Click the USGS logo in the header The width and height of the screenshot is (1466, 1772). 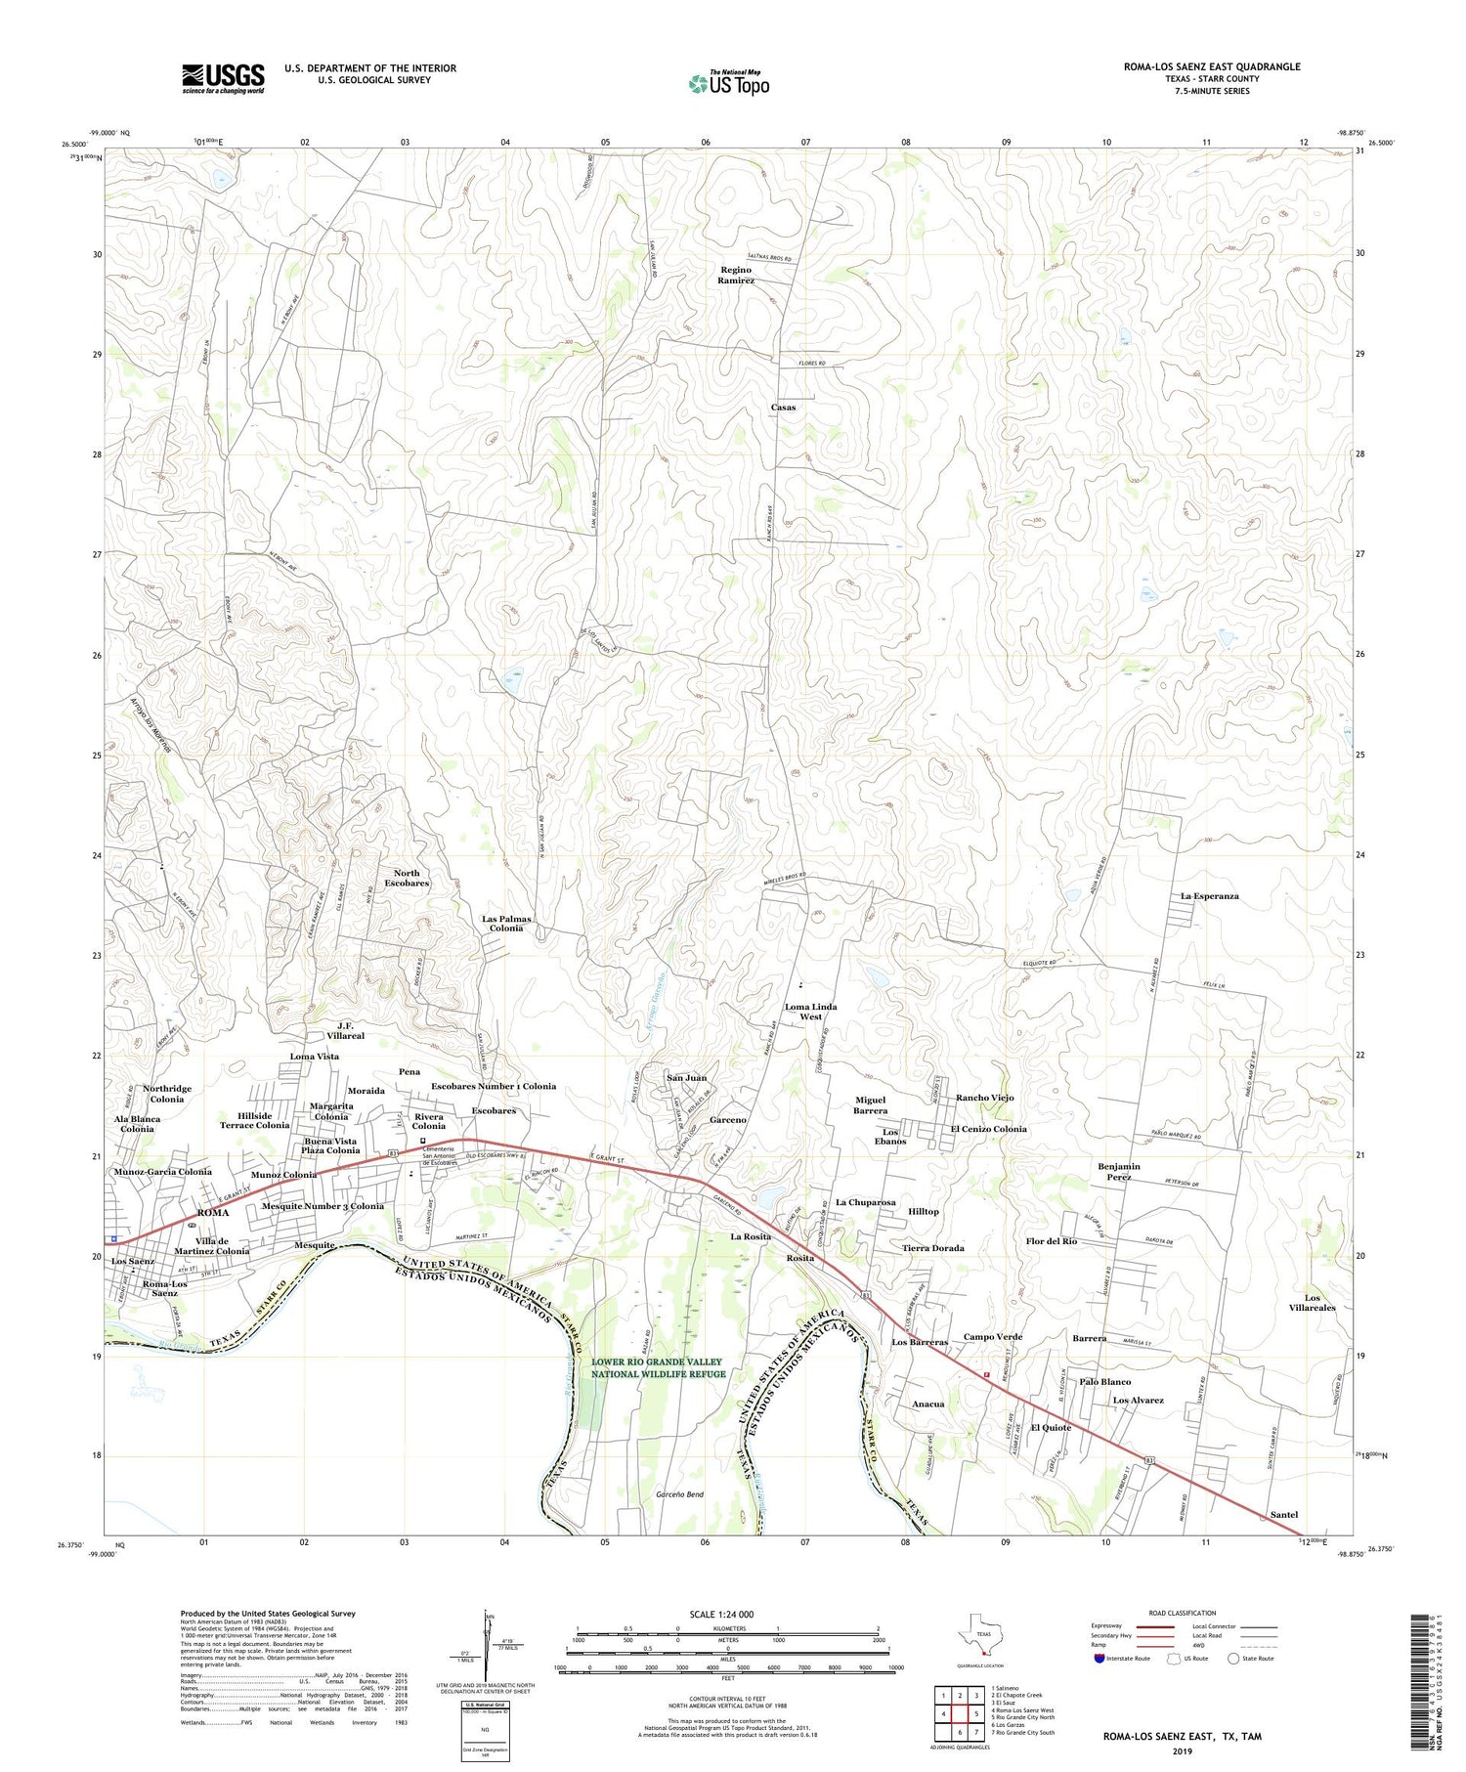point(223,78)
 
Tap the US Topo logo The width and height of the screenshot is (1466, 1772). point(728,83)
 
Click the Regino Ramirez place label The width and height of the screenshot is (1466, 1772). point(736,275)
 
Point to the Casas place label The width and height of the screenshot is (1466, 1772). point(783,408)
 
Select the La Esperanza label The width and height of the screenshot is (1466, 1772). point(1209,896)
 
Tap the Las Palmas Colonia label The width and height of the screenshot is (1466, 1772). point(506,924)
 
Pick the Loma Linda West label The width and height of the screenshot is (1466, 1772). point(810,1012)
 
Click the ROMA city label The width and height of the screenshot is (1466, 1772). point(213,1213)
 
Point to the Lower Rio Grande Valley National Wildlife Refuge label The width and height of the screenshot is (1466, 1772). point(657,1367)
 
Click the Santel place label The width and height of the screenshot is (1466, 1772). point(1283,1515)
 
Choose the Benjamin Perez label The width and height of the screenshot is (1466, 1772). point(1119,1172)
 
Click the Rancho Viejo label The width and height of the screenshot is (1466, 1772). point(984,1098)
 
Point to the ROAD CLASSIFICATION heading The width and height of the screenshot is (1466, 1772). point(1183,1613)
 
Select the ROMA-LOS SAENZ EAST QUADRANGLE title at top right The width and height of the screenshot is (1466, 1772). point(1212,66)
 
